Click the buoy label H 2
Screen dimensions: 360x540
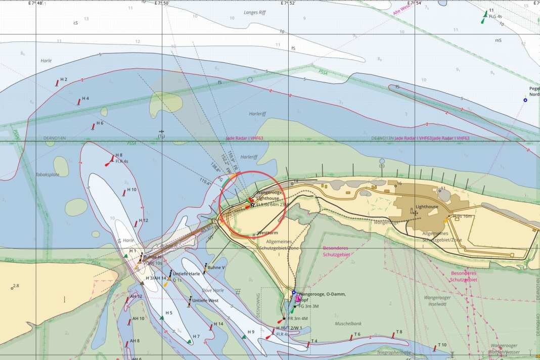pos(64,79)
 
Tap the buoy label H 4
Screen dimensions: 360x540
pos(85,98)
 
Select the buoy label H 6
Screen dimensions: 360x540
pos(100,123)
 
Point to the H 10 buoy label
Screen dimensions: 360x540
pos(131,190)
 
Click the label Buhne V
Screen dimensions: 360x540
pos(216,267)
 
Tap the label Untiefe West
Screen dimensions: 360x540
pos(205,301)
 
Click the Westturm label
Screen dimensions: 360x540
pos(267,233)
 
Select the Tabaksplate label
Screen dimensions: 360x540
pos(47,174)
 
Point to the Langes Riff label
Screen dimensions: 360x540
pos(254,12)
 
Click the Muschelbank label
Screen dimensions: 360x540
pos(348,323)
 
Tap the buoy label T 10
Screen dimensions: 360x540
pos(442,345)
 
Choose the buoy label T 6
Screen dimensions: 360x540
pos(357,334)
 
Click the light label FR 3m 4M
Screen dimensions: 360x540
pos(298,319)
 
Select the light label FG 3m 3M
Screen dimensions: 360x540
pos(308,306)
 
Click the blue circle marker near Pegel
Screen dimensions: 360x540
pos(525,100)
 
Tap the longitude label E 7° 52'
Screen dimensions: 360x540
pos(288,3)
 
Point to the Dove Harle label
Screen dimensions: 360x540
pos(213,291)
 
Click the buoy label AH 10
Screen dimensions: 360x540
pos(138,319)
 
